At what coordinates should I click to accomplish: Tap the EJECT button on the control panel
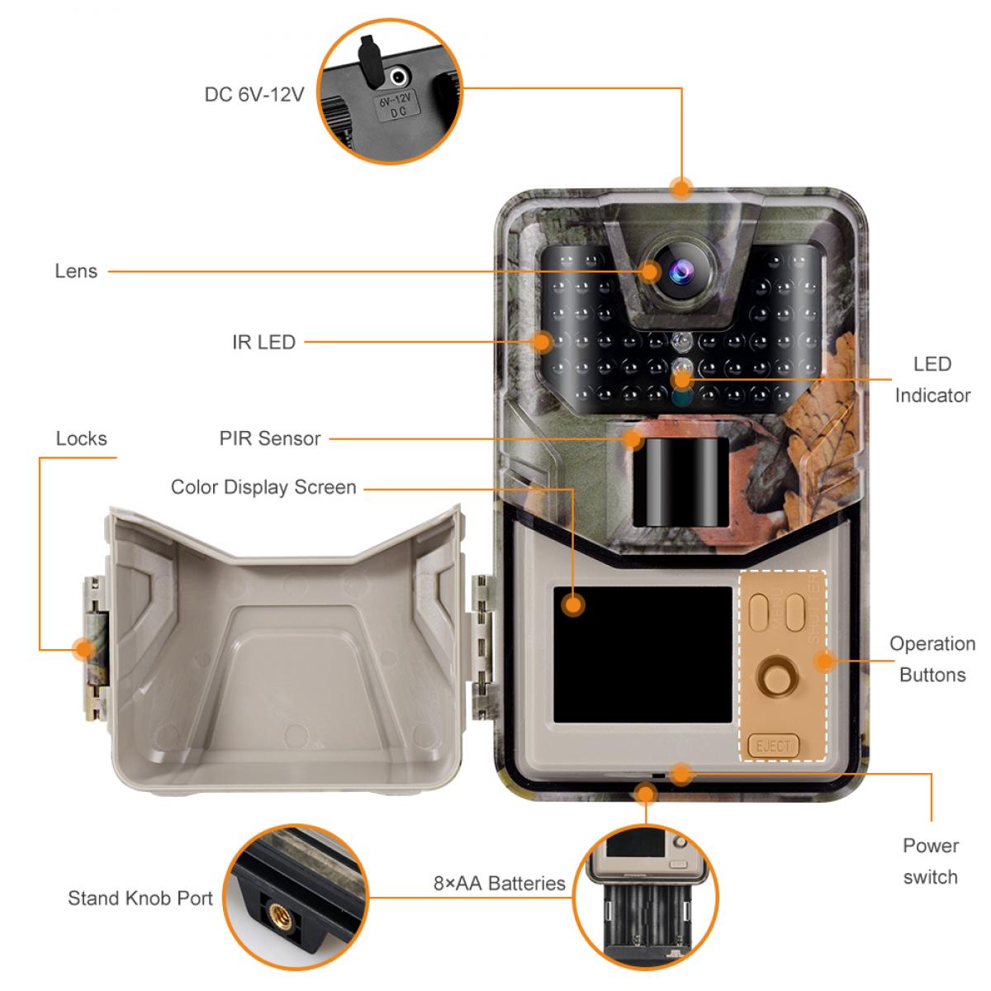pyautogui.click(x=773, y=746)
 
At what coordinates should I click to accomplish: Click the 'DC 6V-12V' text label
pyautogui.click(x=254, y=94)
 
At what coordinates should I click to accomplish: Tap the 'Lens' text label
pyautogui.click(x=76, y=271)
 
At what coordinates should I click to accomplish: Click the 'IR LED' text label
pyautogui.click(x=263, y=342)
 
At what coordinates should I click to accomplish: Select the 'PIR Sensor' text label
pyautogui.click(x=269, y=439)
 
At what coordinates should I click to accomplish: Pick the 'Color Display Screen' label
pyautogui.click(x=263, y=487)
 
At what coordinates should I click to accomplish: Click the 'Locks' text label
pyautogui.click(x=81, y=439)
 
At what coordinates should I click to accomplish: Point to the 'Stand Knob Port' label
pyautogui.click(x=140, y=899)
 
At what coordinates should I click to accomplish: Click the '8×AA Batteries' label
pyautogui.click(x=500, y=884)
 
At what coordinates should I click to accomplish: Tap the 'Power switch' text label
pyautogui.click(x=930, y=861)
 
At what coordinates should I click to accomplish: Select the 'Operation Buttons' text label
pyautogui.click(x=932, y=659)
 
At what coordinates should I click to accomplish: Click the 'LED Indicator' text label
pyautogui.click(x=932, y=380)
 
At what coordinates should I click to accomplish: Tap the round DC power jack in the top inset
pyautogui.click(x=399, y=76)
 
